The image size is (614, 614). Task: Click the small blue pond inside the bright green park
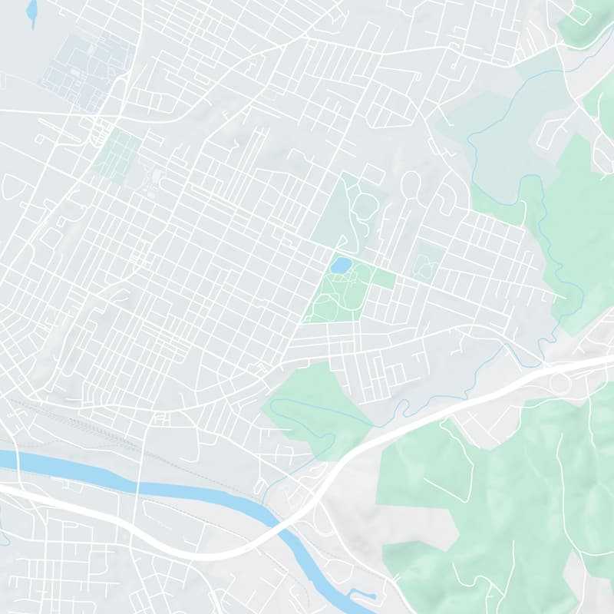pos(341,266)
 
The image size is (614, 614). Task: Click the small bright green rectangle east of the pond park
pos(385,278)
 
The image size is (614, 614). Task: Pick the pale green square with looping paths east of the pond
pos(427,261)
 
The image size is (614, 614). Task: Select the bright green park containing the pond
pos(338,295)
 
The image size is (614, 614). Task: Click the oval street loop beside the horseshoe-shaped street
pos(411,185)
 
